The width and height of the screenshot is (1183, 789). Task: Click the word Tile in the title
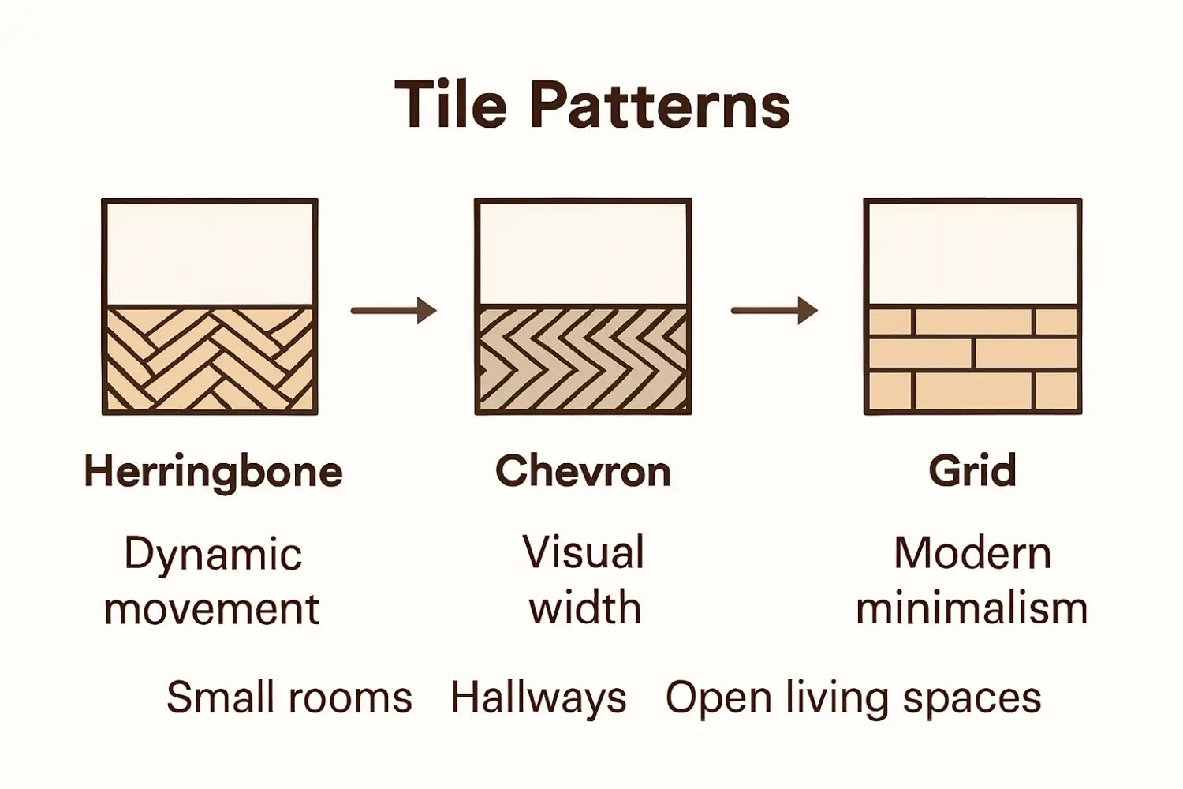pos(450,105)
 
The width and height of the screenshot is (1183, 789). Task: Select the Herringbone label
pos(213,472)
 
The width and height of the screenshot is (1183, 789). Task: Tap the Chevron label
pos(583,471)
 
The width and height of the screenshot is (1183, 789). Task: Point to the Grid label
pos(972,471)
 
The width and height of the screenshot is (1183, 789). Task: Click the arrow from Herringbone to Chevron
pos(394,310)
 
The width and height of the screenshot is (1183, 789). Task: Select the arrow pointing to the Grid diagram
pos(774,310)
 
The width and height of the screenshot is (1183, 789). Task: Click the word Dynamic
pos(213,555)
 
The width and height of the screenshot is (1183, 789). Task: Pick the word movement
pos(211,609)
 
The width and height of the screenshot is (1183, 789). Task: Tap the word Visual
pos(584,552)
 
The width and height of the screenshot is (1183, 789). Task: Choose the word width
pos(584,608)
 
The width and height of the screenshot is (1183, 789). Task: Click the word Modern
pos(972,553)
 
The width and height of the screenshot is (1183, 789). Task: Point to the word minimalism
pos(972,608)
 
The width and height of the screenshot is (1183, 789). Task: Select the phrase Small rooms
pos(289,697)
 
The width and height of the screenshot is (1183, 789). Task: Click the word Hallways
pos(538,697)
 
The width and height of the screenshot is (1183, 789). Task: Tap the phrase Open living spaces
pos(853,697)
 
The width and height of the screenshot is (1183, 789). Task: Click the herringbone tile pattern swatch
pos(210,359)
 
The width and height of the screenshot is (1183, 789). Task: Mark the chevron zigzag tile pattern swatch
pos(583,359)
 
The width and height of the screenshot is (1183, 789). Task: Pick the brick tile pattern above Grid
pos(972,359)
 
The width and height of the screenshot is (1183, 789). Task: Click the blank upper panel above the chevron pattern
pos(583,252)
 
